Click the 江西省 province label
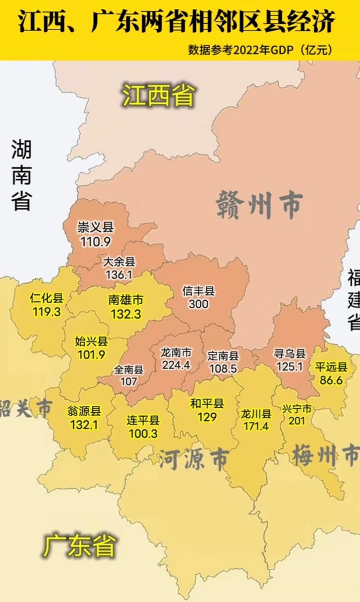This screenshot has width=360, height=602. [159, 95]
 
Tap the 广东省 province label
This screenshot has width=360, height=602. [79, 545]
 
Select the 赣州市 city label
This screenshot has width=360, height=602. [259, 206]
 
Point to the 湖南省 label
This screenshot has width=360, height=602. [21, 174]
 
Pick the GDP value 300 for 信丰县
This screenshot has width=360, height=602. [198, 304]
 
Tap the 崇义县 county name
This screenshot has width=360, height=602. [95, 227]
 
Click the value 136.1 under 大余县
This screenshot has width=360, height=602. [119, 274]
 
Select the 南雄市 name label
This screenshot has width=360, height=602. [125, 300]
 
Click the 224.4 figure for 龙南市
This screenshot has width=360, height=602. [176, 365]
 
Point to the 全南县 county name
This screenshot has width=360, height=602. [128, 369]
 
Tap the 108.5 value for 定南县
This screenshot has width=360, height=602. [223, 369]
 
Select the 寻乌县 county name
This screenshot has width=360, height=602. [290, 354]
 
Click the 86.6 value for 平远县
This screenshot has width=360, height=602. [332, 381]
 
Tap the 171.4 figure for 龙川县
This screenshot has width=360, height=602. [256, 426]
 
